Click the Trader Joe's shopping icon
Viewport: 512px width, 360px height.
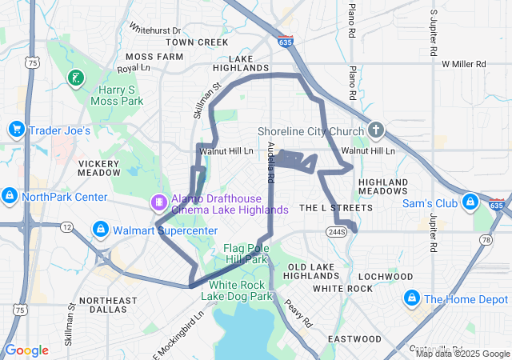click(x=16, y=130)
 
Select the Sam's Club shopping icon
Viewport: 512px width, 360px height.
click(x=471, y=203)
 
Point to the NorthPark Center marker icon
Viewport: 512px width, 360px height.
click(x=10, y=196)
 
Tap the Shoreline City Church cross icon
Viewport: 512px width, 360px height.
click(x=377, y=130)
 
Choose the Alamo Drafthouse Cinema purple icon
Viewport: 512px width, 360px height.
click(x=158, y=203)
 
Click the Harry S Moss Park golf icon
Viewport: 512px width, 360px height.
click(x=75, y=78)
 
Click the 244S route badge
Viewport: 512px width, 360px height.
click(x=335, y=231)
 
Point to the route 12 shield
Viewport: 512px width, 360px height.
click(x=67, y=227)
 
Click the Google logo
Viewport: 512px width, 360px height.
click(x=27, y=350)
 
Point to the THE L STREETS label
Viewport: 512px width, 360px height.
click(x=336, y=208)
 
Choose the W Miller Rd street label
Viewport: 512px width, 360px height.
click(x=463, y=63)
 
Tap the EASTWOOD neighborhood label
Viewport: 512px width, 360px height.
click(x=355, y=338)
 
